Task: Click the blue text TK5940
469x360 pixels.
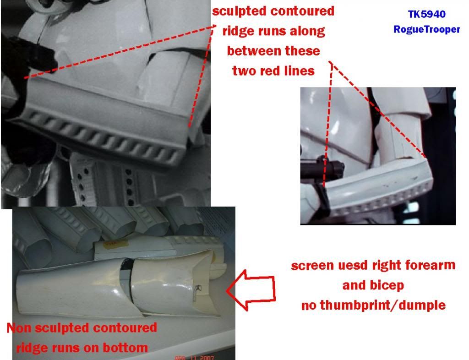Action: (427, 14)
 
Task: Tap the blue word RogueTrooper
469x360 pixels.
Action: (426, 29)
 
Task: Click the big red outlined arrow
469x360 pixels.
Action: (251, 290)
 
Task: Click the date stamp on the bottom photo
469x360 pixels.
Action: (194, 357)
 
